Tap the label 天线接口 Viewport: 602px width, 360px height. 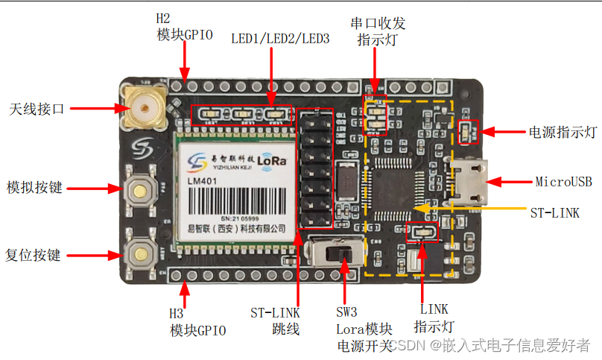(x=37, y=109)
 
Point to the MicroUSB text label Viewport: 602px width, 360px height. (x=563, y=181)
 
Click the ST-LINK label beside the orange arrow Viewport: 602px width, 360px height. (x=554, y=213)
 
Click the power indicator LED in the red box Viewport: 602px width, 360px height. (x=469, y=131)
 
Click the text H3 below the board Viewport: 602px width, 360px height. (x=176, y=314)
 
